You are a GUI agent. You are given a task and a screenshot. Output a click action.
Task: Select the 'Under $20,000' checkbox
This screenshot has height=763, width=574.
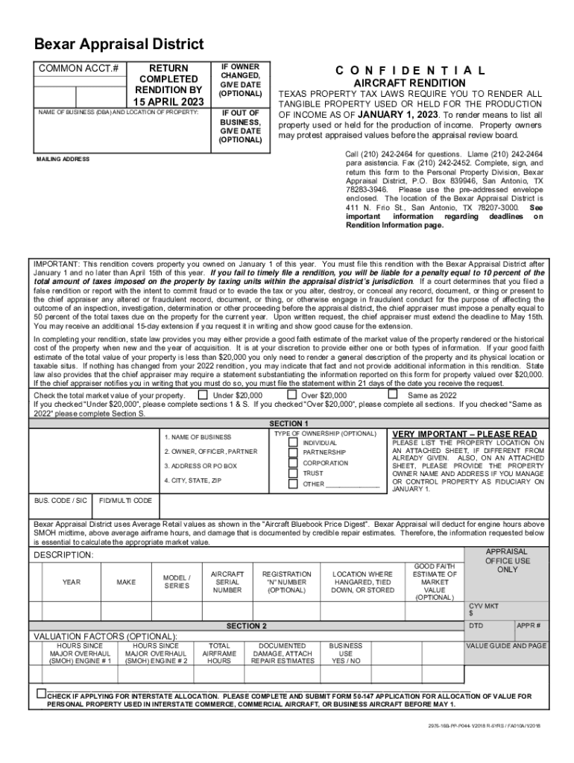click(203, 395)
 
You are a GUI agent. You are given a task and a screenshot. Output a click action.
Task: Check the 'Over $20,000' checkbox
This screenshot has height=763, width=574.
click(291, 395)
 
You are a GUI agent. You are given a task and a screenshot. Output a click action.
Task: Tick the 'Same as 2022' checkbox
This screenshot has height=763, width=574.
click(393, 395)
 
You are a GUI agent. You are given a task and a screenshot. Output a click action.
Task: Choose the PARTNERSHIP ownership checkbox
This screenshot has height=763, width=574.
click(294, 452)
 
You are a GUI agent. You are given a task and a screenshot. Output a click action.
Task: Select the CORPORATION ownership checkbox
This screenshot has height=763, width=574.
click(294, 463)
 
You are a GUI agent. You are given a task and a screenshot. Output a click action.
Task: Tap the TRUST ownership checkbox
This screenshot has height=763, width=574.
click(294, 473)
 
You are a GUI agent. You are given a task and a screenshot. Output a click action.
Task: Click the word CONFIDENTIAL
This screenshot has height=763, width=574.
click(411, 71)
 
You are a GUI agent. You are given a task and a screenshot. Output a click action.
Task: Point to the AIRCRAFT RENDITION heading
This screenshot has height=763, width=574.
click(410, 83)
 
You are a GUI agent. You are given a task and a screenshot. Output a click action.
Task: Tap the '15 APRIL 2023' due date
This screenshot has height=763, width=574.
click(168, 101)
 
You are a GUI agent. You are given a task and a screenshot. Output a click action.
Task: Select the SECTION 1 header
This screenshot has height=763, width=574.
click(288, 423)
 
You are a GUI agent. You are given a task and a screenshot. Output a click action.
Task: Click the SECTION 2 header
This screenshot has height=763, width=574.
click(246, 626)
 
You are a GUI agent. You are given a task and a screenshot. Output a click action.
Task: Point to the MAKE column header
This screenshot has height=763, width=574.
click(126, 581)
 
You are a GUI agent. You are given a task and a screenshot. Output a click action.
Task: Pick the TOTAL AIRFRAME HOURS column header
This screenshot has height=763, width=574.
click(218, 653)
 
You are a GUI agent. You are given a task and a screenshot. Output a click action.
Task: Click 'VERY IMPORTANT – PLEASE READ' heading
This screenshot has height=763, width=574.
click(464, 434)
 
